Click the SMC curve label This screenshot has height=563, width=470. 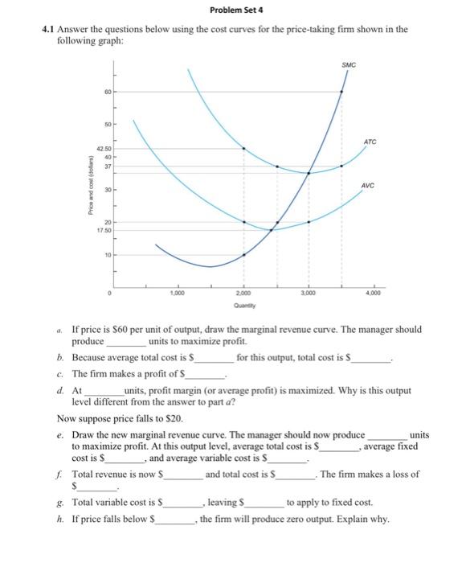point(348,64)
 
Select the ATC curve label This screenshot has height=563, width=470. point(370,141)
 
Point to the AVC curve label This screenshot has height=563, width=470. point(370,183)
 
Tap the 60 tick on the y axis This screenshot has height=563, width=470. point(104,92)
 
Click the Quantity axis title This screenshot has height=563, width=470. point(243,306)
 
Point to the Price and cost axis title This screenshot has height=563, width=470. point(81,190)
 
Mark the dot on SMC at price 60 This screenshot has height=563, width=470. point(341,92)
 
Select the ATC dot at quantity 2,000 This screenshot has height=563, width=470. point(243,148)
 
